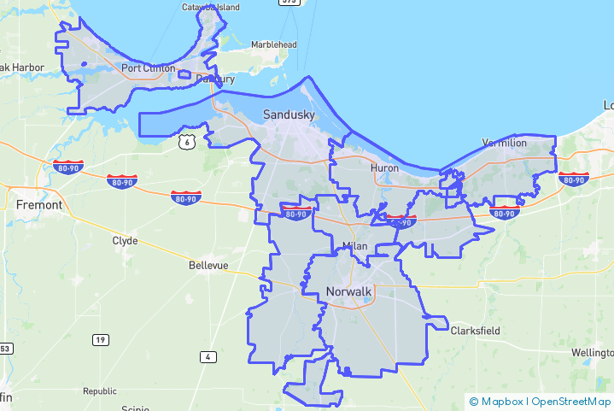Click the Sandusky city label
pos(289,114)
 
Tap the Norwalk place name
pos(348,292)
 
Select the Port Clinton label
pos(148,68)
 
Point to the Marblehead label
pos(273,45)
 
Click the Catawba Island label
pos(211,8)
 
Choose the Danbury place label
pos(214,79)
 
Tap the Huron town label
pos(384,168)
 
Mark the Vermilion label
pos(505,143)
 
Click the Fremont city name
pos(39,205)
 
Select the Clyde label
pos(125,241)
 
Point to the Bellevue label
pos(208,266)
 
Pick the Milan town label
pos(354,246)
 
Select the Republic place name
pos(99,391)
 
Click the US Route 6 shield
pos(187,142)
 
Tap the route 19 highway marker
pos(101,340)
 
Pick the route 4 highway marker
pos(208,356)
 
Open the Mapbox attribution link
pos(495,401)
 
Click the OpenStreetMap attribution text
pos(570,401)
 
